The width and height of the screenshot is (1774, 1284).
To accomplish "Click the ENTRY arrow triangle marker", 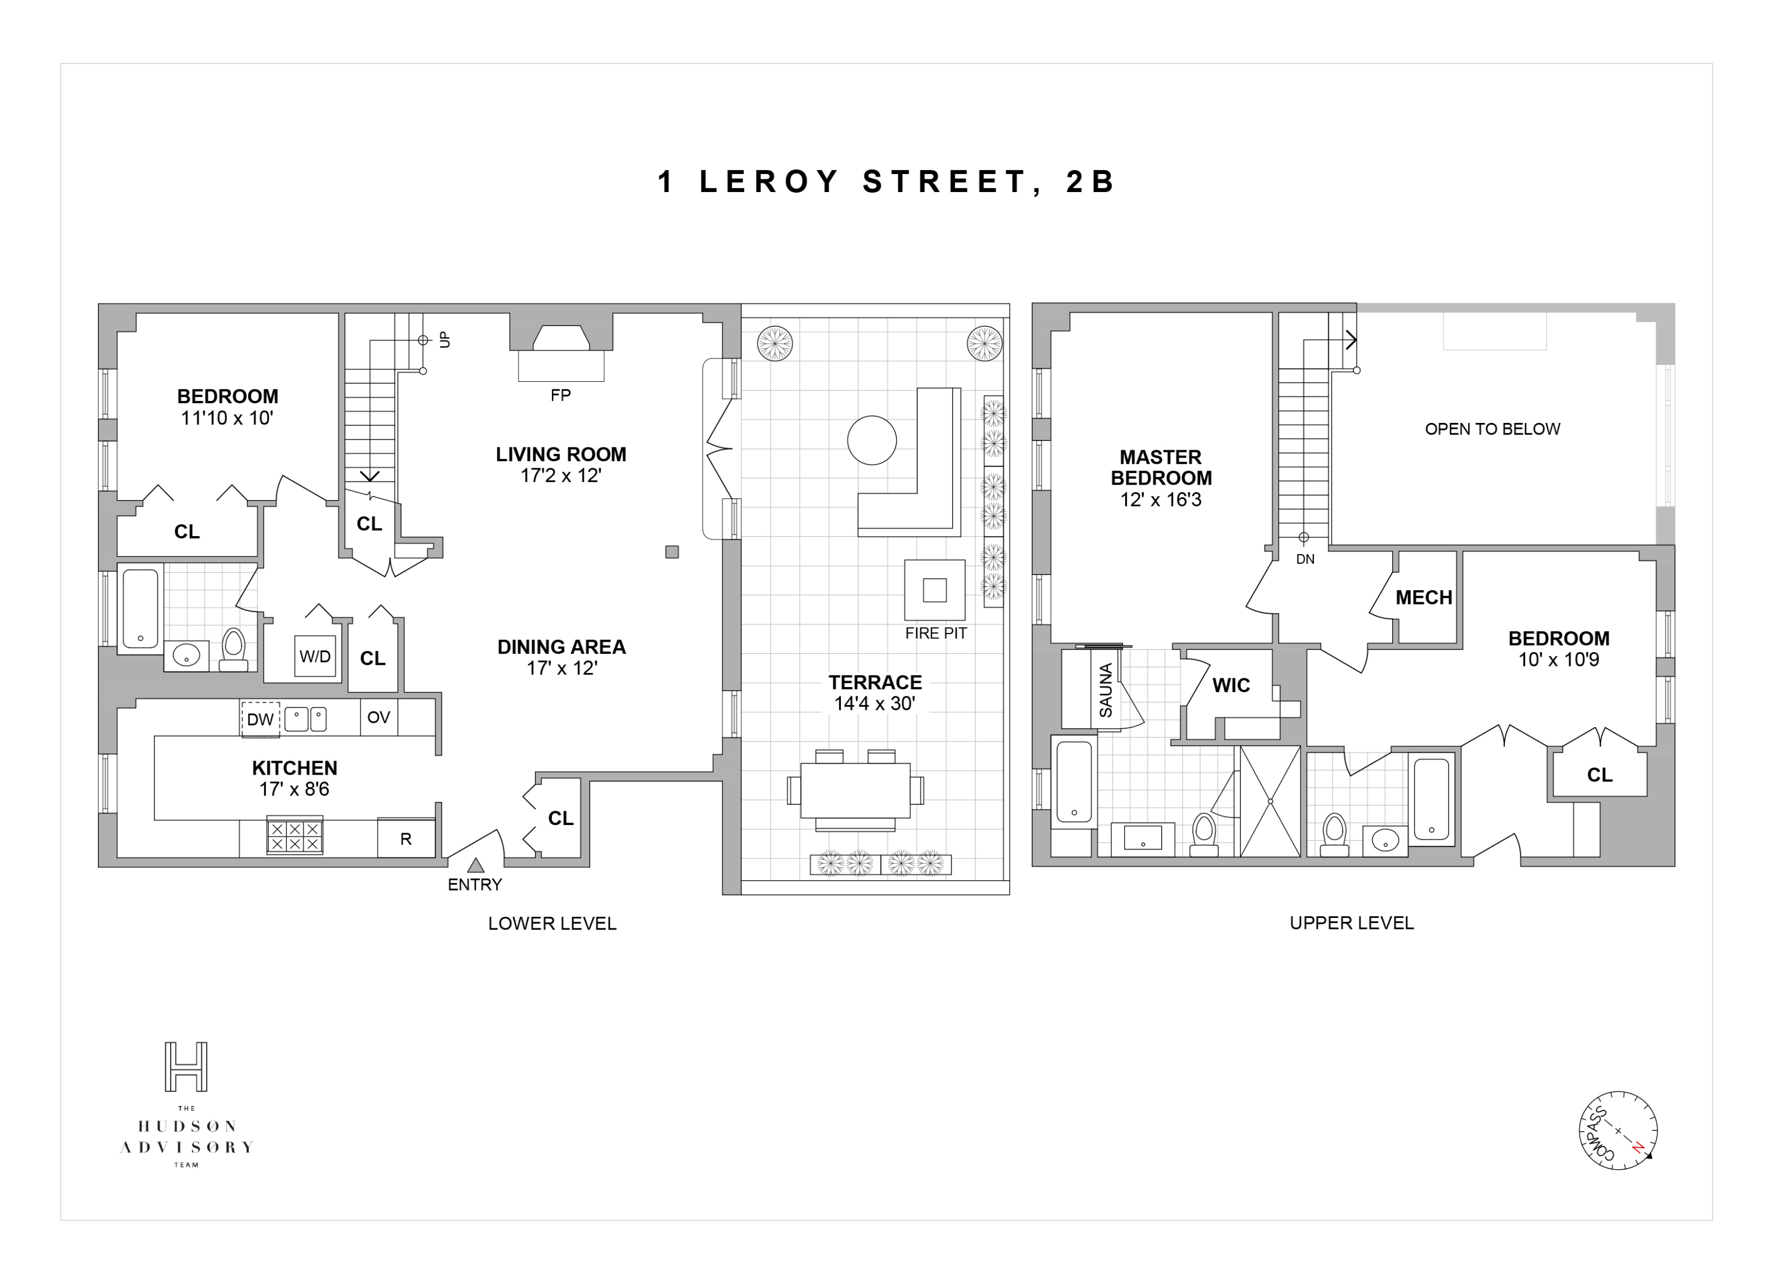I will click(x=476, y=865).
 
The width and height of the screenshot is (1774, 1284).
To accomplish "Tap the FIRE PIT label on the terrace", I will click(x=935, y=634).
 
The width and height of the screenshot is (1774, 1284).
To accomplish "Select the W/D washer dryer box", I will click(x=315, y=656).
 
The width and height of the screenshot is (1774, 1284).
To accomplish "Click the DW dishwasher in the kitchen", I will click(x=261, y=719).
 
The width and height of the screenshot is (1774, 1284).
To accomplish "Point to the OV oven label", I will click(x=378, y=717).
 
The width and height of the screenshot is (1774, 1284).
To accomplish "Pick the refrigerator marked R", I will click(x=406, y=838).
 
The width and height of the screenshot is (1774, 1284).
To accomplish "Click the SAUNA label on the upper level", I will click(x=1106, y=690).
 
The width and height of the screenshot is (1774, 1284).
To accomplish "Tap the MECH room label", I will click(x=1423, y=598).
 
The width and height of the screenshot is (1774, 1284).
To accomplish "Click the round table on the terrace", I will click(x=872, y=440).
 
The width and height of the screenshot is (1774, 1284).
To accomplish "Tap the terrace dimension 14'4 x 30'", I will click(x=875, y=703).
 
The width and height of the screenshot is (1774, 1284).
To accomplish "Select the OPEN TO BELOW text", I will click(x=1491, y=429).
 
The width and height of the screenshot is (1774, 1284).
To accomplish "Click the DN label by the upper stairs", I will click(x=1305, y=559).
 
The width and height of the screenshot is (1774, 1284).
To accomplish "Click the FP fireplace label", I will click(x=560, y=395).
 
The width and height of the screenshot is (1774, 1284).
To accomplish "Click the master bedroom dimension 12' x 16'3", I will click(x=1160, y=500).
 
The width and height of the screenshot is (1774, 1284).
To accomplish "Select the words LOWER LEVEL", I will click(x=552, y=924).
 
